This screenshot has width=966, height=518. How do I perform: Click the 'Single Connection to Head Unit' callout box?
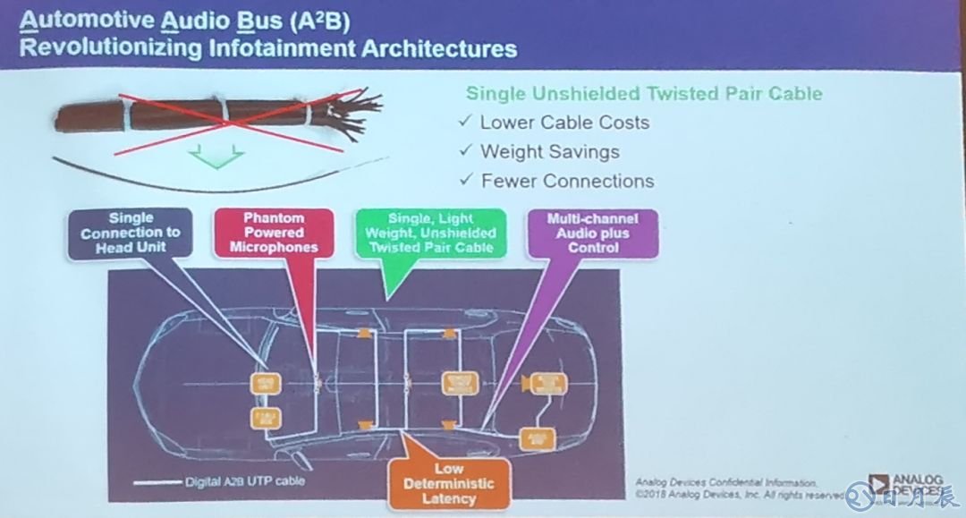131,233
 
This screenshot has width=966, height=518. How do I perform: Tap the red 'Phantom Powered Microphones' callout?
275,233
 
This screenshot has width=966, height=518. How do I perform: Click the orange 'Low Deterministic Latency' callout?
448,484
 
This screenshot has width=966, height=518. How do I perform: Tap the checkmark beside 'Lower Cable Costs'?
464,123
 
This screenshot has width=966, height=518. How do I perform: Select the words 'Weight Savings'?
550,151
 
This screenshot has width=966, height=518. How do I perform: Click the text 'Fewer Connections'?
567,181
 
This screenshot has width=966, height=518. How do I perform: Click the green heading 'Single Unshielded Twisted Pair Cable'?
644,94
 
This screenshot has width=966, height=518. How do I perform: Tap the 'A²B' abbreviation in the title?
323,19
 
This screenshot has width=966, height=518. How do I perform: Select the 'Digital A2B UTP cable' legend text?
244,481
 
